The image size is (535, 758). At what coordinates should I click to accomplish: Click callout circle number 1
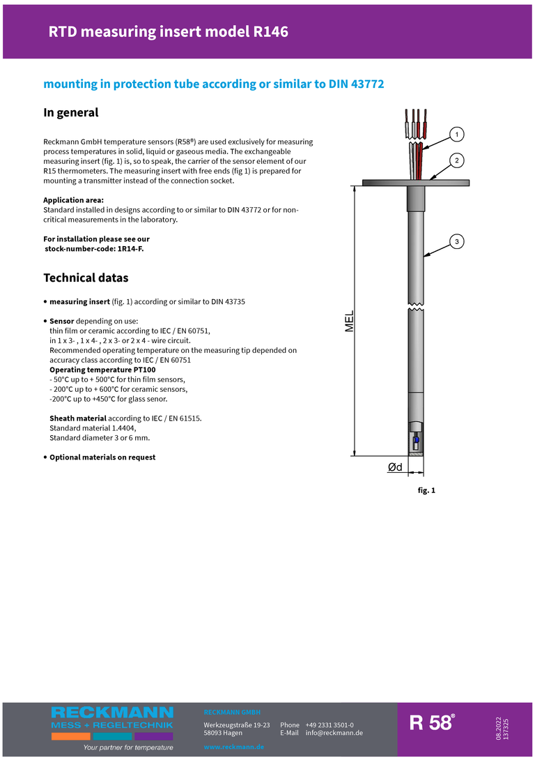[456, 133]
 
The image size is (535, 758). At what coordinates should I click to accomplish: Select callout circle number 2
[456, 161]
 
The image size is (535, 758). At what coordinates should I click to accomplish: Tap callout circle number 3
[456, 242]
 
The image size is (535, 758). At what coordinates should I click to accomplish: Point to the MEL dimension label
[350, 321]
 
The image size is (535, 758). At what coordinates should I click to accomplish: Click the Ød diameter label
[395, 467]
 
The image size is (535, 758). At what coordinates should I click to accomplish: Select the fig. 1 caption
[426, 491]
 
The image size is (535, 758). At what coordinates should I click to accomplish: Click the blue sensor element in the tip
[416, 440]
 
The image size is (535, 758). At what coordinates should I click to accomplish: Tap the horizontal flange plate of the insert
[416, 183]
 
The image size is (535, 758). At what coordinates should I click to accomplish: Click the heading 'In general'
[71, 112]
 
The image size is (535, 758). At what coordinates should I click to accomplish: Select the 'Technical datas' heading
[86, 278]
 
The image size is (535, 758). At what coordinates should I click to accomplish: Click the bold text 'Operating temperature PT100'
[102, 370]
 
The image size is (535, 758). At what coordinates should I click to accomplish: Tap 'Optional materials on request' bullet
[102, 457]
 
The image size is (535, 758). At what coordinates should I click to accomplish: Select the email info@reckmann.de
[334, 733]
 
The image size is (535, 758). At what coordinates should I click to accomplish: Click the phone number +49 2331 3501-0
[329, 725]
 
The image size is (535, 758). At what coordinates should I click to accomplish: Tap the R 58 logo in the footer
[432, 723]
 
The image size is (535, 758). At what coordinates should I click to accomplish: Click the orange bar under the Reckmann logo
[70, 736]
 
